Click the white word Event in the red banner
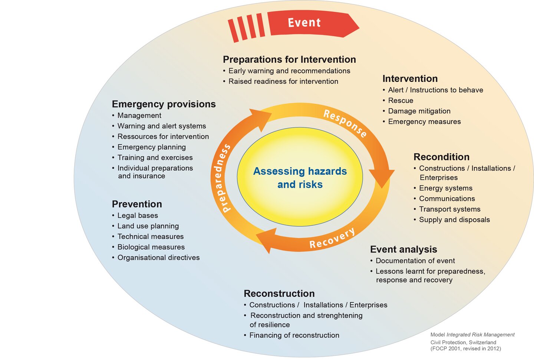[x=304, y=23]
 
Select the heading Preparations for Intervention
[x=289, y=59]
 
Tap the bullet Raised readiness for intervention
[x=281, y=81]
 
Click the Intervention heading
[x=410, y=79]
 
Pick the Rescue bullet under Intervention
[x=398, y=100]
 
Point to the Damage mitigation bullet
[x=417, y=111]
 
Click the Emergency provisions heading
[x=164, y=104]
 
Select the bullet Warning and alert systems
[x=159, y=126]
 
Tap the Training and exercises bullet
[x=152, y=158]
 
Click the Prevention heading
[x=137, y=204]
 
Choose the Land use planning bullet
[x=145, y=226]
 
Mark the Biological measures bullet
[x=148, y=247]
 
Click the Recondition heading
[x=442, y=157]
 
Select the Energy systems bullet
[x=443, y=188]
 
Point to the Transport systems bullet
[x=447, y=209]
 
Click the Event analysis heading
[x=403, y=250]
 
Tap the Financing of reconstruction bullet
[x=291, y=335]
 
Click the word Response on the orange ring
[x=345, y=123]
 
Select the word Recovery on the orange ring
[x=332, y=238]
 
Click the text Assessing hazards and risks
[x=300, y=178]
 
